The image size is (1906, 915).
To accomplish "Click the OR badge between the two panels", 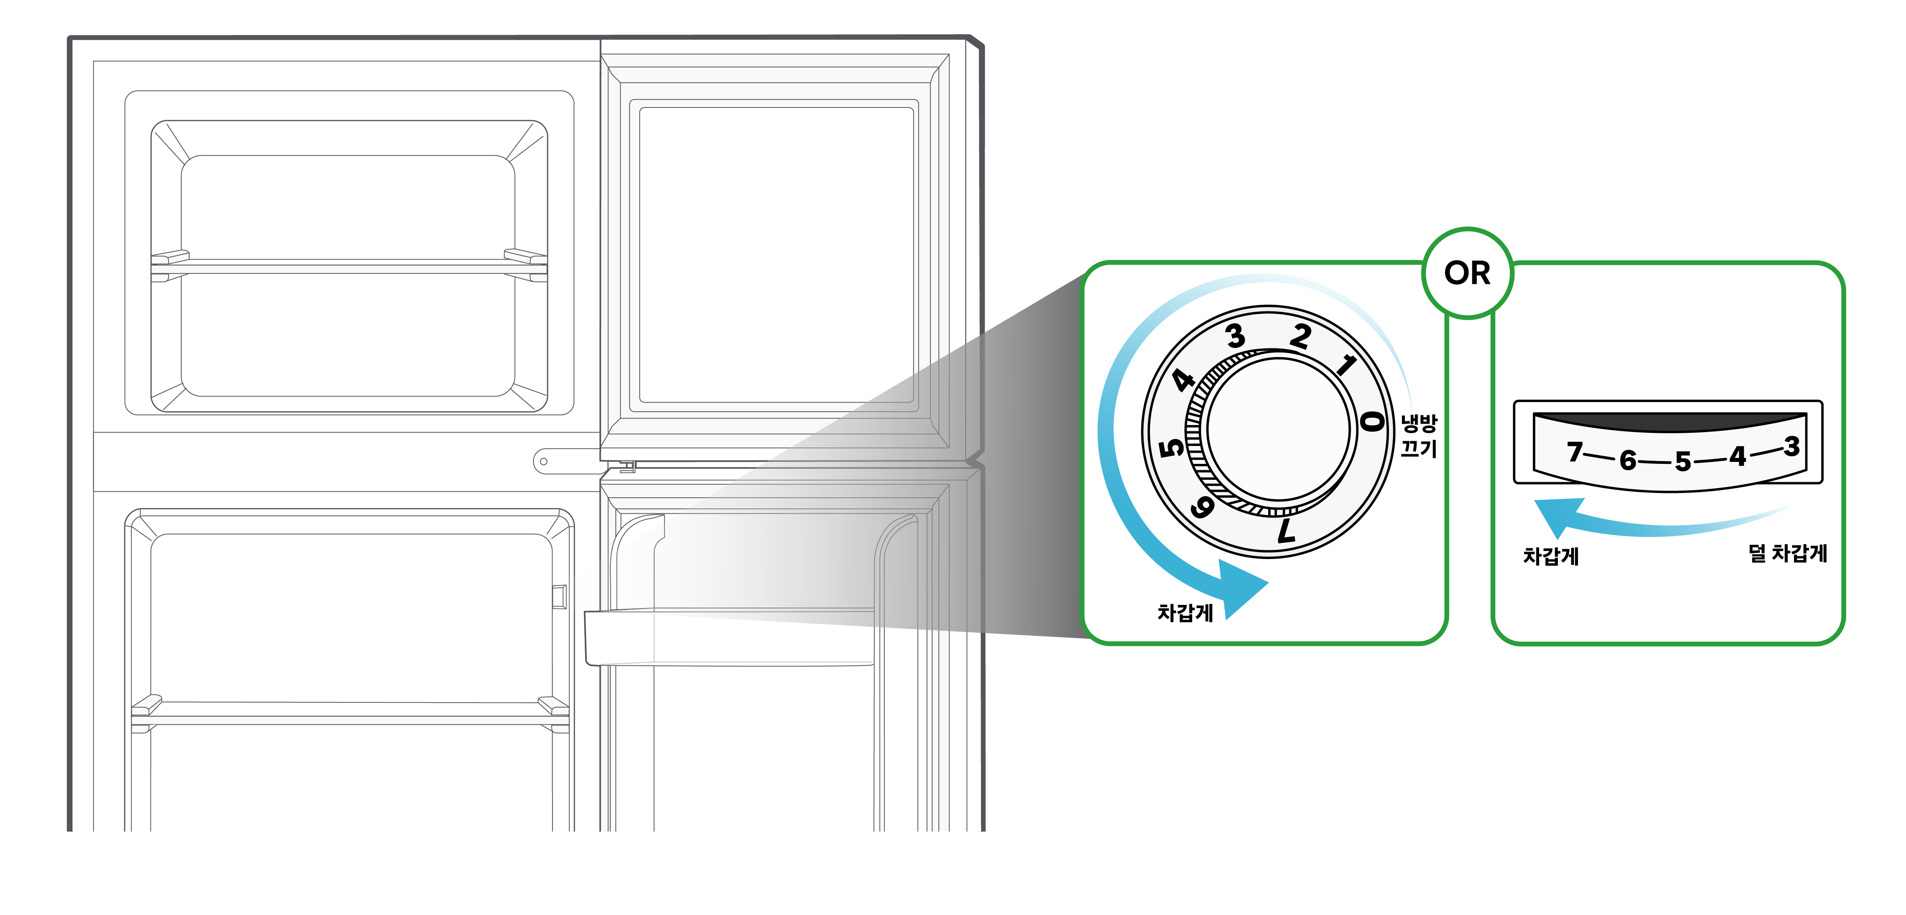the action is coord(1467,273).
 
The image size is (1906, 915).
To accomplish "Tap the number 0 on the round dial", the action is coord(1373,422).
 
